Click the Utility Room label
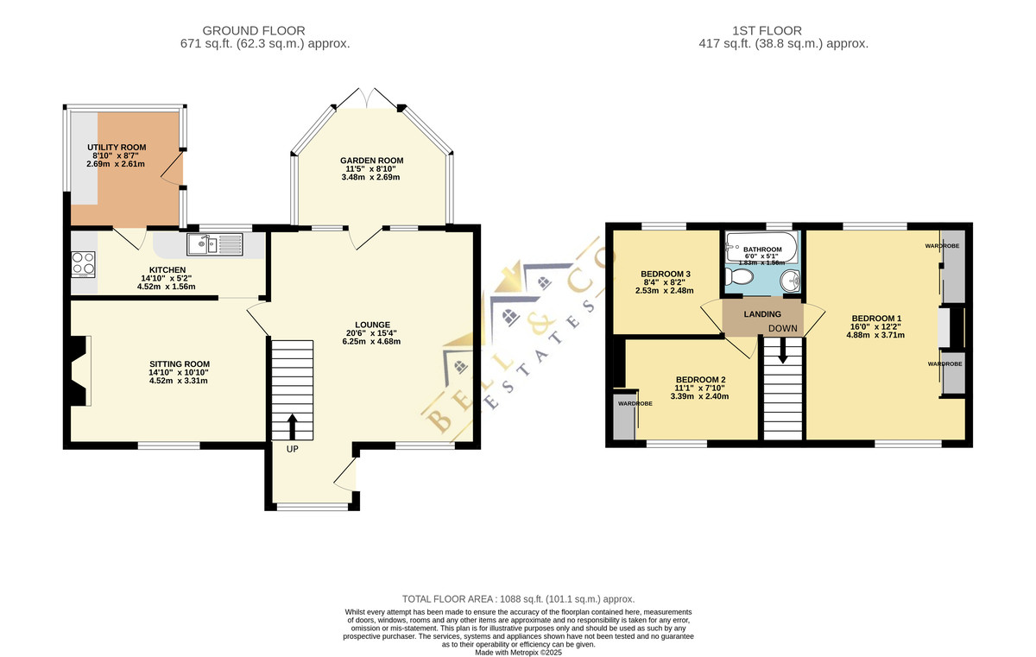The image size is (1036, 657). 117,148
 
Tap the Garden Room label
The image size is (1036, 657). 372,161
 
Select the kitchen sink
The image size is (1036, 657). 215,244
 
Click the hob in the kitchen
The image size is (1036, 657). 83,264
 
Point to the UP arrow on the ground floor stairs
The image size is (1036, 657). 293,426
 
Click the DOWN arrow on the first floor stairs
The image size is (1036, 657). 782,351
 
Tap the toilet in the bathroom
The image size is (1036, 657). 740,277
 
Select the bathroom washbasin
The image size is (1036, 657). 791,281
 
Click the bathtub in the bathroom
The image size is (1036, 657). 761,248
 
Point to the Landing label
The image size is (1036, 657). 762,314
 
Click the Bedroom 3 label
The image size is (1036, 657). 666,275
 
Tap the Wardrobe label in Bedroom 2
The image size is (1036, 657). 635,404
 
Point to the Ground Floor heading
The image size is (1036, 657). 254,31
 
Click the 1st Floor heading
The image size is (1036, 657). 767,31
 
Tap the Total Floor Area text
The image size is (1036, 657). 519,599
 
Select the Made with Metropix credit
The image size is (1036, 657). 519,653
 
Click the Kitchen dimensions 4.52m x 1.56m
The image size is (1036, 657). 166,287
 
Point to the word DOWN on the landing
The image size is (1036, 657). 782,328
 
